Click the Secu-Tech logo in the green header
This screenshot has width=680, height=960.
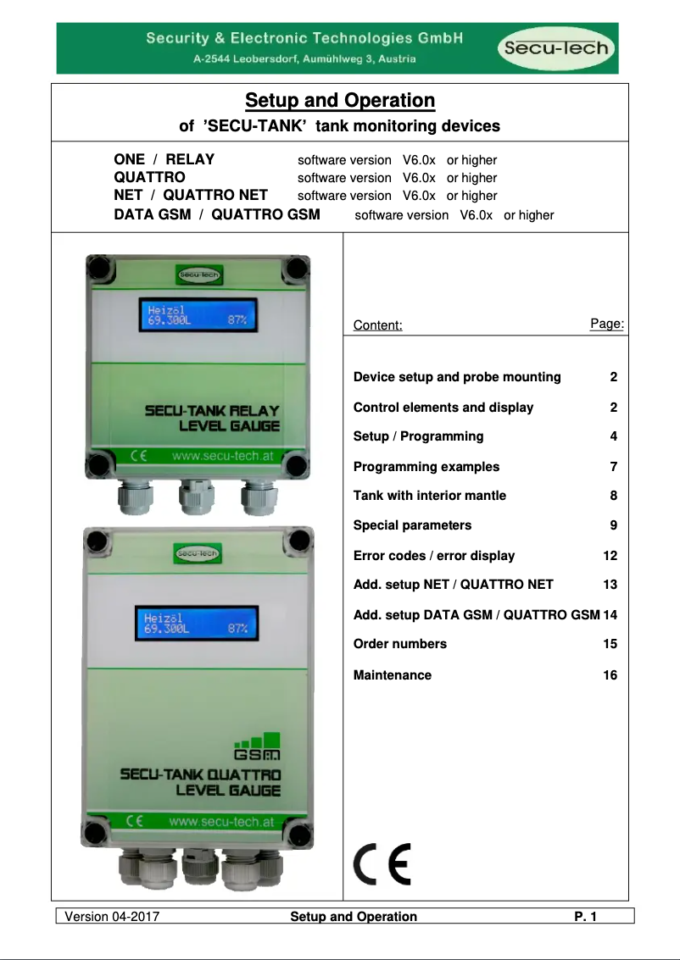click(x=556, y=48)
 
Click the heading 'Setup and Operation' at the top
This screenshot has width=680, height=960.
click(x=340, y=101)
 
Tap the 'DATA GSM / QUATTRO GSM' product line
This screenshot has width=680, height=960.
click(x=217, y=215)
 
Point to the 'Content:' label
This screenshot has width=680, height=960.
click(x=377, y=325)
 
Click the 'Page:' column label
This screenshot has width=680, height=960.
click(x=607, y=324)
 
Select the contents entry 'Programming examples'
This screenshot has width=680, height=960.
click(x=426, y=467)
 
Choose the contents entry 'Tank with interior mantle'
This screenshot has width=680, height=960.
click(x=430, y=496)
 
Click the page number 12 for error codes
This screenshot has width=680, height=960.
click(x=610, y=556)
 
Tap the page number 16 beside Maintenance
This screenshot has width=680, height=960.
click(x=610, y=675)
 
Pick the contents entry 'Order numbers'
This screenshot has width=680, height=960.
click(x=400, y=644)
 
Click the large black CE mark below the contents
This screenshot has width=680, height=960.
click(x=382, y=865)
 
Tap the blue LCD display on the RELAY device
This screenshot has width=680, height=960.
click(x=198, y=316)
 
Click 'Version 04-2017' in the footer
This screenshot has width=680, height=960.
click(x=113, y=917)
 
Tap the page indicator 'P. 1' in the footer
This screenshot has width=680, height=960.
click(x=586, y=917)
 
